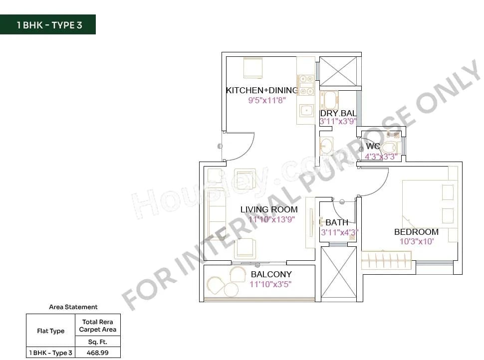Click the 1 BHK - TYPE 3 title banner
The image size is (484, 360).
(48, 25)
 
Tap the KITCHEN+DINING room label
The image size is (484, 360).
(261, 90)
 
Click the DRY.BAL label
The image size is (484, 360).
(338, 113)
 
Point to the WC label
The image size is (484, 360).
(373, 146)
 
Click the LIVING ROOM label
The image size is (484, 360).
(269, 209)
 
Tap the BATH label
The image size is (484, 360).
(337, 222)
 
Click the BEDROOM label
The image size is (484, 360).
(416, 232)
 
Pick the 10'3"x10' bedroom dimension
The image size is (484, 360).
(417, 242)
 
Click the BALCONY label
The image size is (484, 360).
(271, 274)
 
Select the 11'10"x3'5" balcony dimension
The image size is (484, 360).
(271, 284)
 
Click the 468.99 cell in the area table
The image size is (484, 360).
(98, 353)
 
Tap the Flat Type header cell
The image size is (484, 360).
(50, 331)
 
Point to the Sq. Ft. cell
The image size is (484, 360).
(98, 342)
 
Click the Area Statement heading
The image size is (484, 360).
(73, 307)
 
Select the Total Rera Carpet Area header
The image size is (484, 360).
(98, 326)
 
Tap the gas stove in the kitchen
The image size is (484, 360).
(306, 85)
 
